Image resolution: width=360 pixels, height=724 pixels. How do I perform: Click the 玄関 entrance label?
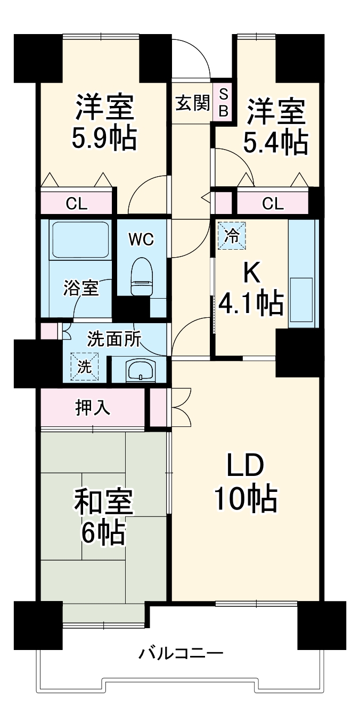pyautogui.click(x=192, y=103)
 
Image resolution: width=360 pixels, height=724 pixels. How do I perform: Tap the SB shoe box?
pyautogui.click(x=223, y=103)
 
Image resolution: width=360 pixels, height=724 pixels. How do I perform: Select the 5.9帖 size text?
pyautogui.click(x=104, y=138)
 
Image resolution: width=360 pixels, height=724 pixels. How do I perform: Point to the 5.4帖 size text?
pyautogui.click(x=275, y=142)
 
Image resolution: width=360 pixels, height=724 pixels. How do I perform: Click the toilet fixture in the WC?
pyautogui.click(x=142, y=276)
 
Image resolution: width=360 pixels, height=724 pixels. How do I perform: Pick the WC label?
pyautogui.click(x=141, y=240)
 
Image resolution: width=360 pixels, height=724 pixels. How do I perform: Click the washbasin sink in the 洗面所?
pyautogui.click(x=140, y=369)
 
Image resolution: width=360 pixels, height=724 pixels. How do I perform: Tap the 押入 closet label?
pyautogui.click(x=93, y=408)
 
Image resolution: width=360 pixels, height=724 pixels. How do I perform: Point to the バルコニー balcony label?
pyautogui.click(x=181, y=653)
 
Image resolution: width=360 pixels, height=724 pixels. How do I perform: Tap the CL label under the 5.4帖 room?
pyautogui.click(x=272, y=203)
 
